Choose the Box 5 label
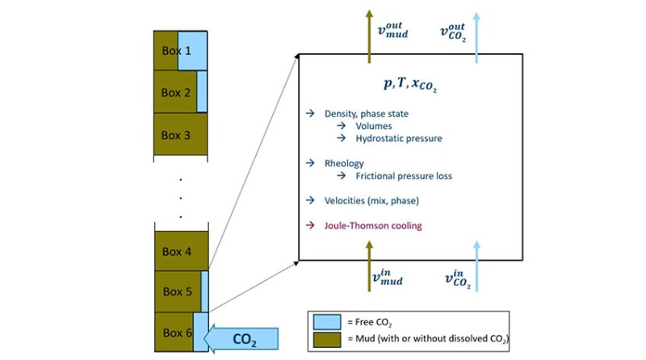177,291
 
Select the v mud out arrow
370,32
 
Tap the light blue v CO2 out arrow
476,32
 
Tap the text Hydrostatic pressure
398,138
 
